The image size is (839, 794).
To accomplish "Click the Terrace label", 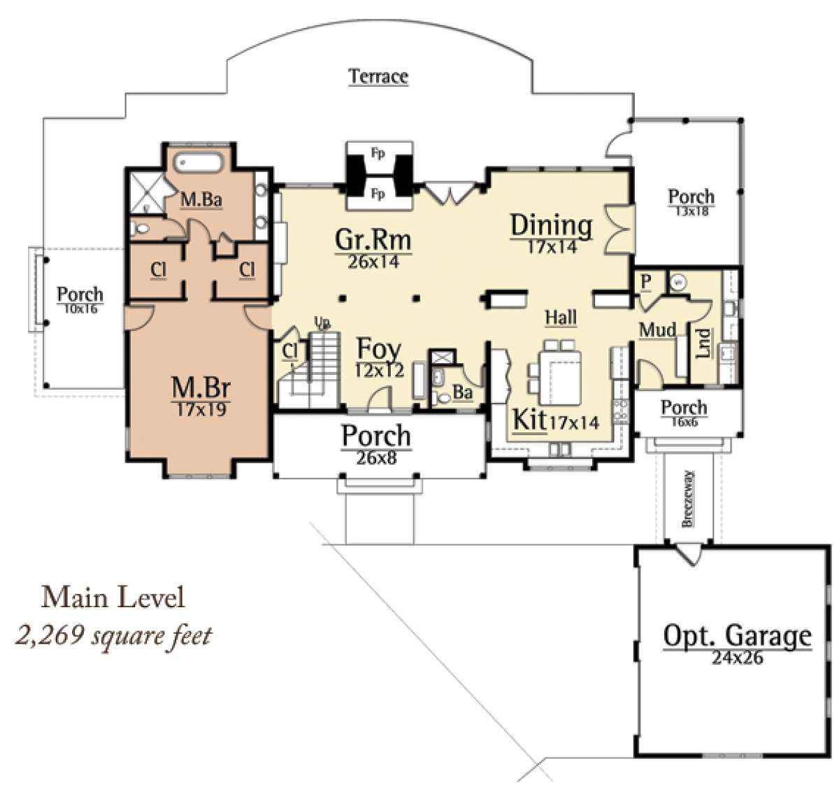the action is pyautogui.click(x=378, y=77).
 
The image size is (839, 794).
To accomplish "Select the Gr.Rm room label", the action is pyautogui.click(x=373, y=240).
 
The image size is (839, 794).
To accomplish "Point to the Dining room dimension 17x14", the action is pyautogui.click(x=552, y=246).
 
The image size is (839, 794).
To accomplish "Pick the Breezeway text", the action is pyautogui.click(x=687, y=499).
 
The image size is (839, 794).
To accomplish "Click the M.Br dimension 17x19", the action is pyautogui.click(x=201, y=410).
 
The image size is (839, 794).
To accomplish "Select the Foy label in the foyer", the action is pyautogui.click(x=378, y=348).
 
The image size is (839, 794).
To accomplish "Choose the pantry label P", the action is pyautogui.click(x=646, y=281).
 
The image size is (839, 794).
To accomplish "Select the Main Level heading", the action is pyautogui.click(x=113, y=597).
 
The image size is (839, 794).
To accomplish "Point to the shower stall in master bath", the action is pyautogui.click(x=147, y=192).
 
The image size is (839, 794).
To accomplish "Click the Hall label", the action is pyautogui.click(x=561, y=318).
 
